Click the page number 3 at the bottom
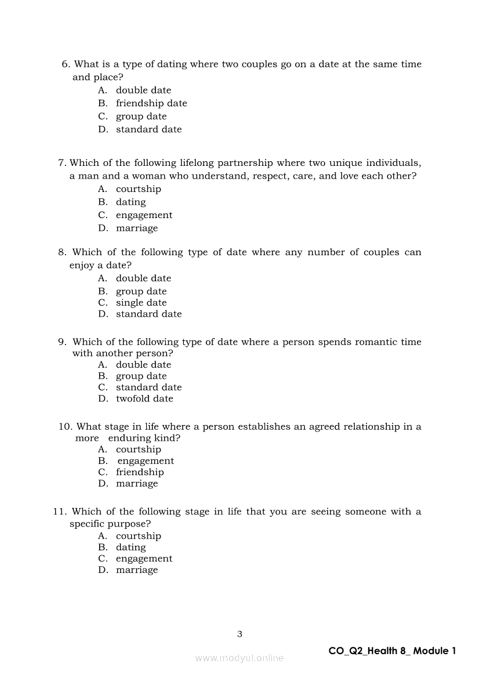(x=239, y=634)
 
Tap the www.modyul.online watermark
(x=239, y=658)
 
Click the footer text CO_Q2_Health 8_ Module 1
(x=392, y=651)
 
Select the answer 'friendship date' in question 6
(x=151, y=103)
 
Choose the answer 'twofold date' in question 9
(x=144, y=398)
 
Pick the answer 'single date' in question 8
(x=141, y=303)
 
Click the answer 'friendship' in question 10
(x=140, y=472)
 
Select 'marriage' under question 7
(x=137, y=229)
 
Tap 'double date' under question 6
(x=143, y=90)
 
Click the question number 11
(x=60, y=512)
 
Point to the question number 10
(x=65, y=427)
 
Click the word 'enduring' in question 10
(x=130, y=438)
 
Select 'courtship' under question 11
(x=139, y=536)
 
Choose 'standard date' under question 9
(x=148, y=387)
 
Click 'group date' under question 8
(x=141, y=292)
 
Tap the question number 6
(x=66, y=64)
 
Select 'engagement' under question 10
(x=146, y=461)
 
